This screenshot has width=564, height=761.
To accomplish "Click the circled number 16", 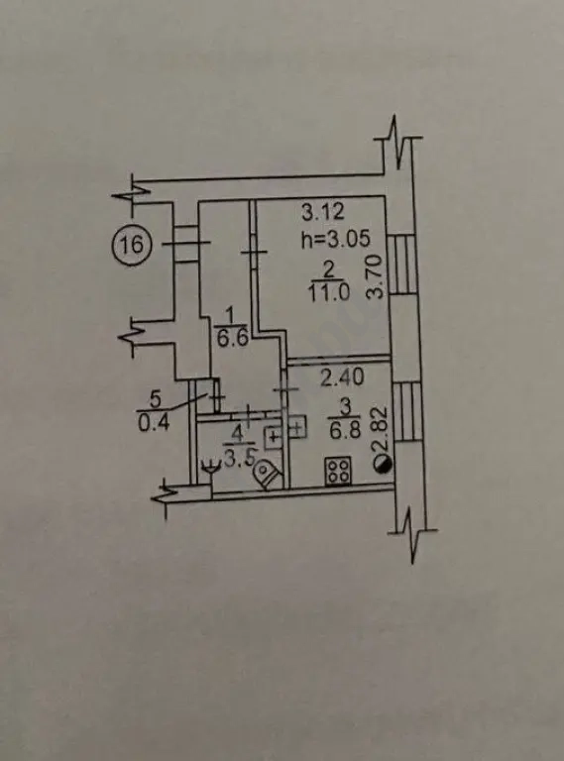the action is coord(132,244).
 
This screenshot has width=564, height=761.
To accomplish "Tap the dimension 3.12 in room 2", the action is coord(322,212).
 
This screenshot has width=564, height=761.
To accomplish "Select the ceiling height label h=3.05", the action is coord(335,238).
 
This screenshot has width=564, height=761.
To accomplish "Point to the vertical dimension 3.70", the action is coord(376,277).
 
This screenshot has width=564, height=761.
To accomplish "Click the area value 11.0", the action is coord(329,294).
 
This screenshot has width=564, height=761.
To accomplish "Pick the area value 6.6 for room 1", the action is coord(232,338).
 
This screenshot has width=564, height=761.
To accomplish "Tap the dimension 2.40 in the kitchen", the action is coord(342,378).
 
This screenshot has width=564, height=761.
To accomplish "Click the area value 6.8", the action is coord(345,430).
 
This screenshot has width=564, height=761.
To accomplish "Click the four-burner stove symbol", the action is coord(338,471).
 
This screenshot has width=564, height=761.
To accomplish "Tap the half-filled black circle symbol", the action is coord(383,465).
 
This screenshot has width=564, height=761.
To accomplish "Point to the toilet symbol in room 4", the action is coord(268,475).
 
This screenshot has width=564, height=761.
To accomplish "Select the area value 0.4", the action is coord(154,423).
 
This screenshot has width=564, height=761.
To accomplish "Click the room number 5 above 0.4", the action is coord(155,399).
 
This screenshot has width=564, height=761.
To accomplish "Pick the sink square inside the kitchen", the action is coord(297,428).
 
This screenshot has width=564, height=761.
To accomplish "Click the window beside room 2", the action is coord(403,265).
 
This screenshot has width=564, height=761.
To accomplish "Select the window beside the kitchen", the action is coord(406,411).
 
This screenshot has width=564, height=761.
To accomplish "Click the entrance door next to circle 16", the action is coord(186,244).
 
